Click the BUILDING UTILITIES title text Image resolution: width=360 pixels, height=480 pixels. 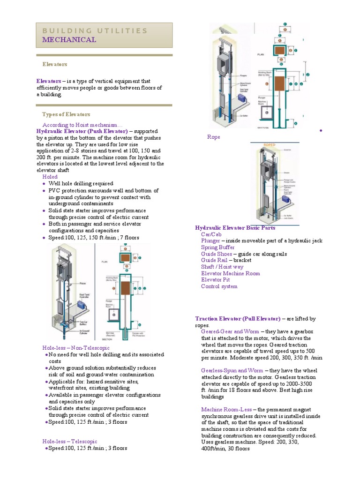95,31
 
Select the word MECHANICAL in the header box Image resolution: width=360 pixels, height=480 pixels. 69,40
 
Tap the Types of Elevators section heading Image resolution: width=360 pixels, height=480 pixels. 66,114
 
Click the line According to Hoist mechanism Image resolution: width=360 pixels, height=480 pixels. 82,125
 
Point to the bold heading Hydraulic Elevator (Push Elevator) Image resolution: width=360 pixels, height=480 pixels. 82,132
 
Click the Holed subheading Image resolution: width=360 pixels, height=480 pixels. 50,177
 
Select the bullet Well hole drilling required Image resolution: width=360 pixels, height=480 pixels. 81,184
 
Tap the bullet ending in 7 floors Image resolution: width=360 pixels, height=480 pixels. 94,238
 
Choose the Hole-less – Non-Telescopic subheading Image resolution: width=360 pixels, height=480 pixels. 76,348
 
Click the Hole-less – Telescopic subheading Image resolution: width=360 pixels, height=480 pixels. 70,442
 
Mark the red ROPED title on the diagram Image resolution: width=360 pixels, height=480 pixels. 270,145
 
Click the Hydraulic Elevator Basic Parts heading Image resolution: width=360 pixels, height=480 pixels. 235,228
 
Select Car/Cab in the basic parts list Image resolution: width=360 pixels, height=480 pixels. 211,234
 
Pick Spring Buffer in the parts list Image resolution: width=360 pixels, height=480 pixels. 218,247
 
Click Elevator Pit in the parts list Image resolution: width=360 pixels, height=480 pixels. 216,280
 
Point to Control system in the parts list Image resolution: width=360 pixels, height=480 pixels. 219,286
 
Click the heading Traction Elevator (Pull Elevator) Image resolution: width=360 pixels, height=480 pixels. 238,319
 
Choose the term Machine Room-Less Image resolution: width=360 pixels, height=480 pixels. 226,409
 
